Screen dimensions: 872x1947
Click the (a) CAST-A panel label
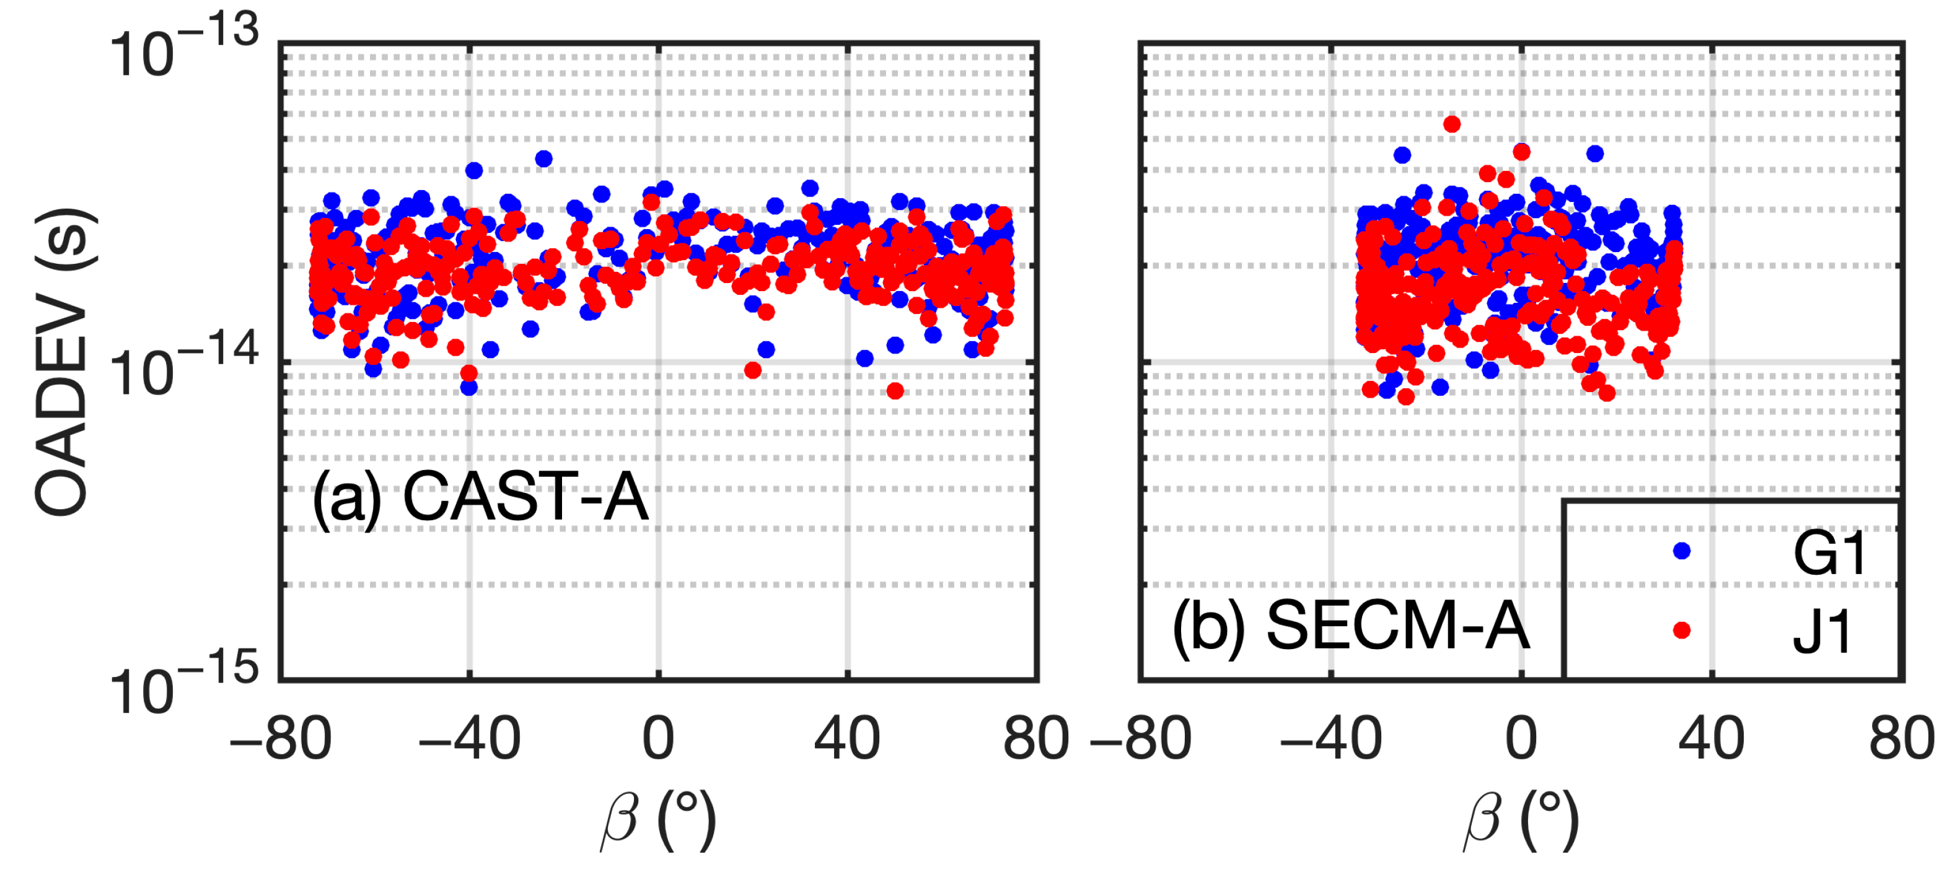480,497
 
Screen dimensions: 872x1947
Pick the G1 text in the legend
1829,554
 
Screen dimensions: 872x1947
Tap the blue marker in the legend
1682,551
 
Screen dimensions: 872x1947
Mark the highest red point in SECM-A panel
1451,124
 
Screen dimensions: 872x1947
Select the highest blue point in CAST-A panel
543,159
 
